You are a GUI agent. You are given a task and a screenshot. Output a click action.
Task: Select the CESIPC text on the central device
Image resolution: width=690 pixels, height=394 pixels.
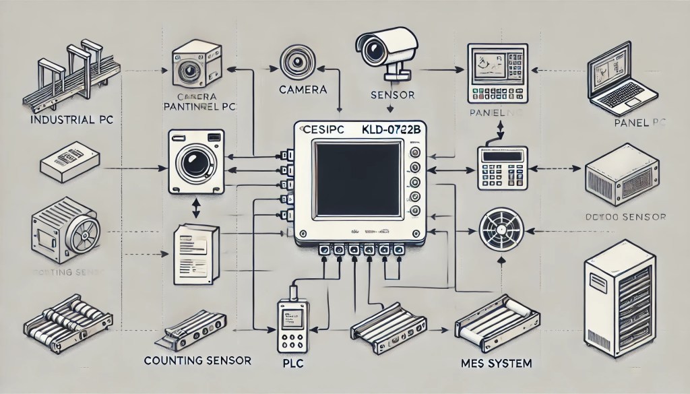click(x=319, y=127)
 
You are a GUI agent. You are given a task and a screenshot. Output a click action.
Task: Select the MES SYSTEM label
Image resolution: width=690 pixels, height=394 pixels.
click(x=500, y=363)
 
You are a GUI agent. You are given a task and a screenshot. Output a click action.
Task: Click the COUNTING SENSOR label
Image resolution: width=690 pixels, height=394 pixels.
click(x=197, y=361)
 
